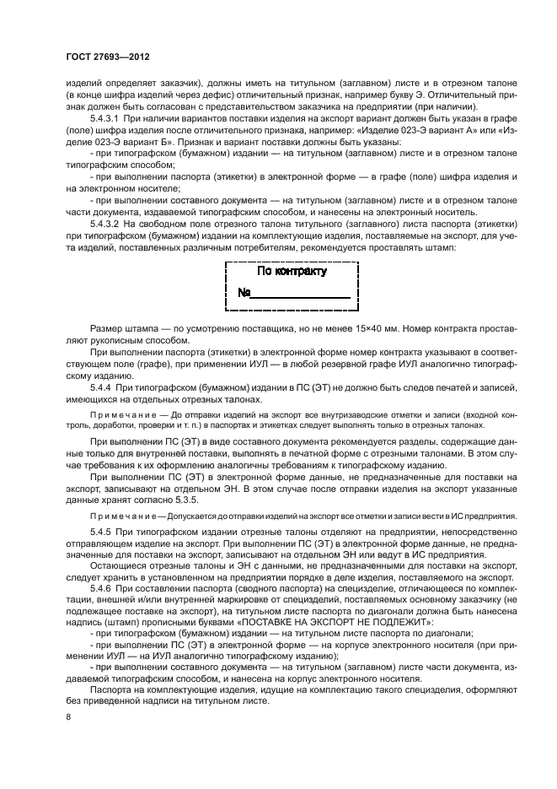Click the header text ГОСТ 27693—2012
[114, 58]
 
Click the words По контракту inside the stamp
[292, 272]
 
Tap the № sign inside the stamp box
[244, 294]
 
